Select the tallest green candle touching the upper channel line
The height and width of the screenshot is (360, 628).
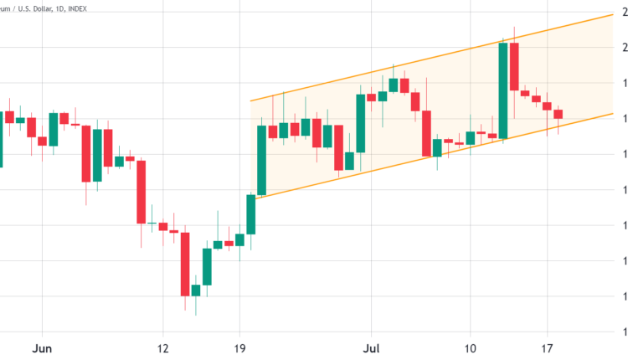503,90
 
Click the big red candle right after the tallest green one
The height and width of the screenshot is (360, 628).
514,66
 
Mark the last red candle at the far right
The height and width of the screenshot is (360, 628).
559,114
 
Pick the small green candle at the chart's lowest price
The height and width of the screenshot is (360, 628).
196,290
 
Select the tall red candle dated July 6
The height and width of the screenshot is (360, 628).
426,133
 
